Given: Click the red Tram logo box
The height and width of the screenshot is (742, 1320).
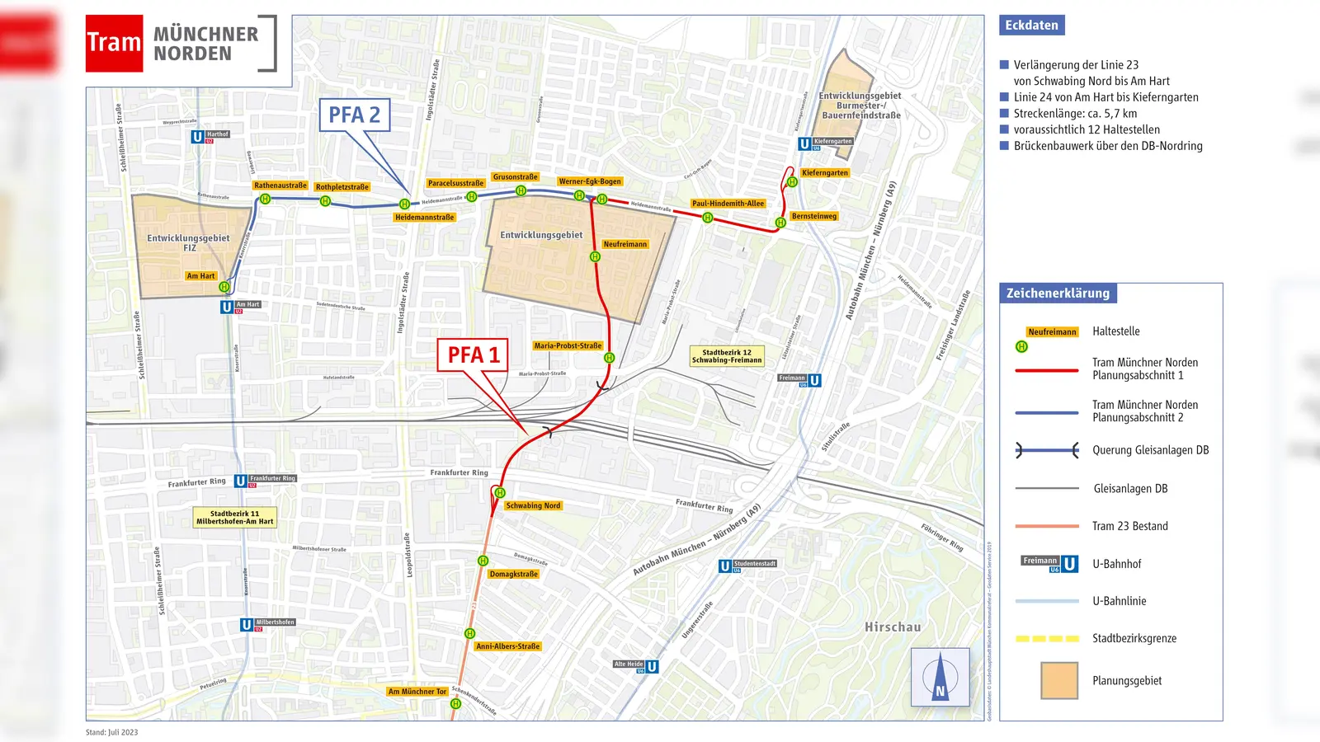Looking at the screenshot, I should click(114, 43).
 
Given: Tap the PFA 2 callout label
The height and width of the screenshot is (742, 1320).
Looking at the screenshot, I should click(354, 115).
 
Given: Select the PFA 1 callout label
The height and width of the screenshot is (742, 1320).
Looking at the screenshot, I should click(473, 355).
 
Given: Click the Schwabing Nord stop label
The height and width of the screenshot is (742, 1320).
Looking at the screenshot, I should click(533, 505).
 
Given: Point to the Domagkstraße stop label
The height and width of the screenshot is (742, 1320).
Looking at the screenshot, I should click(513, 574).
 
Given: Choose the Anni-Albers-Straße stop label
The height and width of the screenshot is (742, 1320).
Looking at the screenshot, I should click(507, 646).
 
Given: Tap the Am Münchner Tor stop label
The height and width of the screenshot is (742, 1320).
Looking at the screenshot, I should click(417, 692).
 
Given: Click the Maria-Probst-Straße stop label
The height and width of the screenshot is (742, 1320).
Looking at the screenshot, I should click(568, 345).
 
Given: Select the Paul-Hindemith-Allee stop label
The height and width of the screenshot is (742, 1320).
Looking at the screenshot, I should click(728, 204).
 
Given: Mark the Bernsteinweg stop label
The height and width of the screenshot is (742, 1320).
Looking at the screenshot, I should click(813, 216).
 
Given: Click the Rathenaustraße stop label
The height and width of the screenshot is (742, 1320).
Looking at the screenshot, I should click(280, 185).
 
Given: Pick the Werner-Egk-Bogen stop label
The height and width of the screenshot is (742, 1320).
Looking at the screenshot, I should click(590, 181).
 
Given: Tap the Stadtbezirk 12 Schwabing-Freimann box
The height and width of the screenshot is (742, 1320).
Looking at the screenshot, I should click(727, 356).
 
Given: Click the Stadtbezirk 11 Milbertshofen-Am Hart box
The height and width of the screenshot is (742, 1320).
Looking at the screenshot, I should click(234, 517).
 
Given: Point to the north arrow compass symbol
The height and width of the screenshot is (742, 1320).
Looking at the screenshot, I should click(940, 677).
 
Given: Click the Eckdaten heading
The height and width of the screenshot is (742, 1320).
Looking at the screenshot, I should click(1031, 26).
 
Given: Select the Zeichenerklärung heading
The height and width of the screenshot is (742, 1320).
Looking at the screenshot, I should click(1058, 293).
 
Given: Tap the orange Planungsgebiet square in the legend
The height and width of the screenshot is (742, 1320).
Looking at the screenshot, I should click(1059, 680).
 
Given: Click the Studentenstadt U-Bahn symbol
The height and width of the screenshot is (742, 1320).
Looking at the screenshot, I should click(724, 566).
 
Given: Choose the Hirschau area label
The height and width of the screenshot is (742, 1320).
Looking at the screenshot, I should click(893, 627).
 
